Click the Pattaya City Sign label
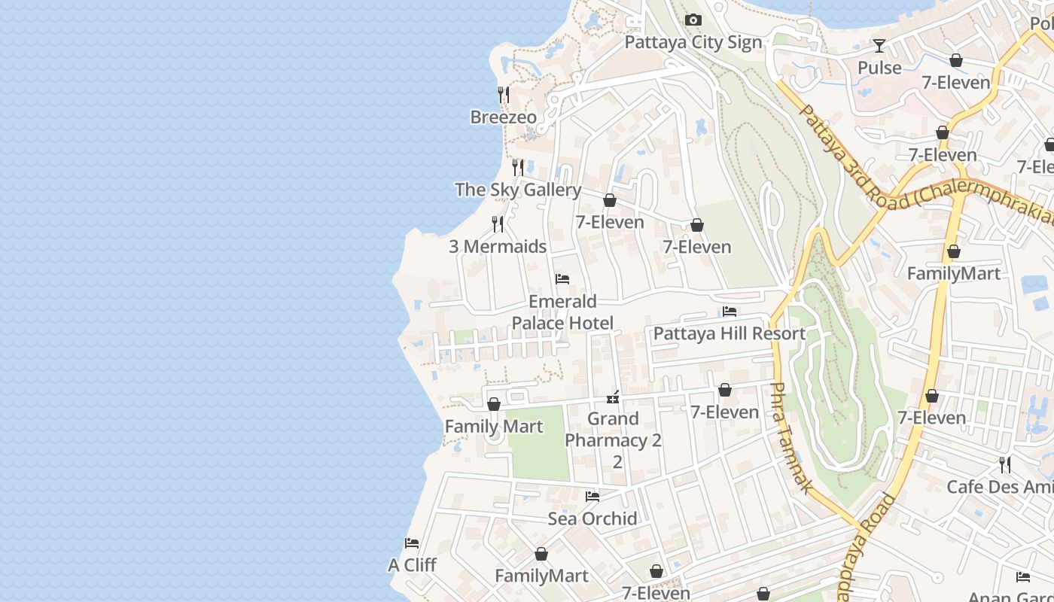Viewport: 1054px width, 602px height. [x=693, y=42]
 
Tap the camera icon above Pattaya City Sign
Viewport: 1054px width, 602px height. [x=693, y=20]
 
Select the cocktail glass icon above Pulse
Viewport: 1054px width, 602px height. [x=879, y=46]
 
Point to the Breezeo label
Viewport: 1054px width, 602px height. [x=504, y=117]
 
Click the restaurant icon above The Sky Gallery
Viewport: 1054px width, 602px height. [x=518, y=167]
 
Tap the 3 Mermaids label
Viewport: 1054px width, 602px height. [x=498, y=246]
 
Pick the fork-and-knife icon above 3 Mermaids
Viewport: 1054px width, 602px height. [x=498, y=223]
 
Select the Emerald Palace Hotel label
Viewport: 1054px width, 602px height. [x=562, y=312]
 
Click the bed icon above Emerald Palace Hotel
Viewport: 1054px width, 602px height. [x=562, y=279]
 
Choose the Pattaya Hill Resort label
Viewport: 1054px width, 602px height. [x=730, y=333]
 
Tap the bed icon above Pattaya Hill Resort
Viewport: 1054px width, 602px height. [x=730, y=312]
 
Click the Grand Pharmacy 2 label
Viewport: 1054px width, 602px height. [x=613, y=430]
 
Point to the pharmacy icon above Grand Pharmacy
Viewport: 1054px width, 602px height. [x=613, y=397]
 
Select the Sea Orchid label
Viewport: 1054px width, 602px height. [x=592, y=518]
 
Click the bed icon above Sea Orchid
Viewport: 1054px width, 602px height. [x=592, y=497]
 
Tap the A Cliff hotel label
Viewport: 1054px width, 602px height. [x=412, y=565]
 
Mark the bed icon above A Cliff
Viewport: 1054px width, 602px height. [x=412, y=543]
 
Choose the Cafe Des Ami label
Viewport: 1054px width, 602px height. [x=1000, y=487]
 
